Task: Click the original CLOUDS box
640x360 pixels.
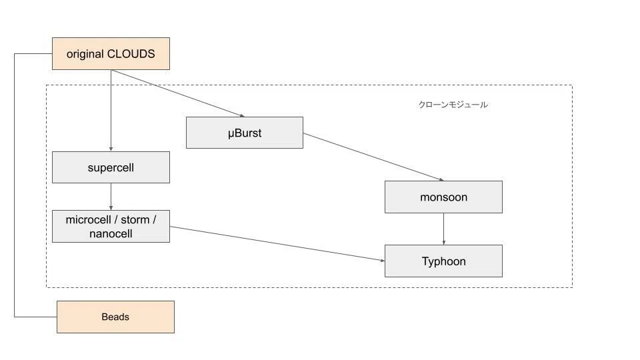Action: (111, 54)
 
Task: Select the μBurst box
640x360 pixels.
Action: (245, 133)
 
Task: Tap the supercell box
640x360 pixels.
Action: (111, 167)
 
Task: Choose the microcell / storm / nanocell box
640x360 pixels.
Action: (111, 227)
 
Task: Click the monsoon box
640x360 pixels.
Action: (444, 197)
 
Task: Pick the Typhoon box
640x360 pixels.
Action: (444, 261)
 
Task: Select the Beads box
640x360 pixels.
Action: (115, 317)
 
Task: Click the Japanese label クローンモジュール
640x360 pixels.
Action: (453, 105)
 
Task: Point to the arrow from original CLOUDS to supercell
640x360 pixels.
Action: (111, 111)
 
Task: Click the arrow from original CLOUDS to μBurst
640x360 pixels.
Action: (178, 93)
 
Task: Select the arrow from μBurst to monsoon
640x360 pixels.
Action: (373, 157)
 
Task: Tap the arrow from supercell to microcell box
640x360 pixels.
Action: (111, 197)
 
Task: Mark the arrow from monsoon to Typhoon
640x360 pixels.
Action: (444, 229)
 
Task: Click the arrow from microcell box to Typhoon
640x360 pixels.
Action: (277, 244)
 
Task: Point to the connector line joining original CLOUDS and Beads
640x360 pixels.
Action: (15, 185)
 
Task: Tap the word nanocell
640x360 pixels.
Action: (111, 234)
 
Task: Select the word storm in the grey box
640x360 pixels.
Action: (135, 220)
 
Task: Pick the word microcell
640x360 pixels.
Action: (88, 220)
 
